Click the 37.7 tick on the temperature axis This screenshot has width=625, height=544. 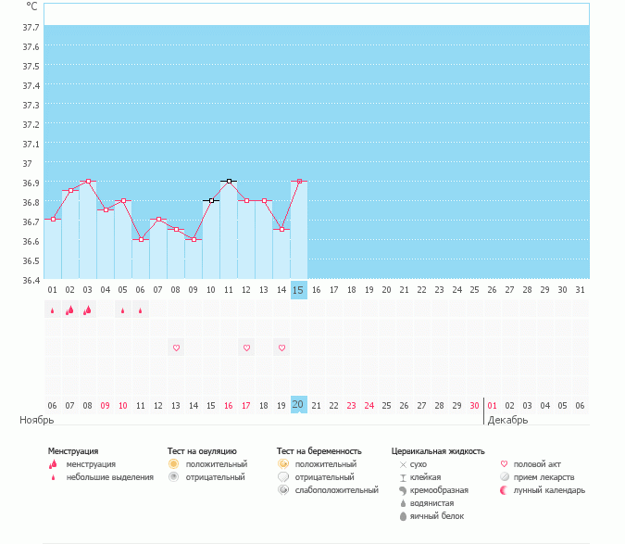(30, 27)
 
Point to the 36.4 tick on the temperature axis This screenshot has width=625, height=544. (30, 280)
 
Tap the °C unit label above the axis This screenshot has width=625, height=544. (31, 6)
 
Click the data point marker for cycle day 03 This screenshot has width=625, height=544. (88, 182)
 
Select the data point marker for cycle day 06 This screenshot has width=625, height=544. (141, 239)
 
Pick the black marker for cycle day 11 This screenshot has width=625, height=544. (228, 182)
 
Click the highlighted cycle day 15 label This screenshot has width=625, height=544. (298, 290)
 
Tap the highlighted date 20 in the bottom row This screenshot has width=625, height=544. (298, 405)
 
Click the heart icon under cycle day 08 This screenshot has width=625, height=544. (176, 348)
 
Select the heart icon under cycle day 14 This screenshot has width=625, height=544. (281, 348)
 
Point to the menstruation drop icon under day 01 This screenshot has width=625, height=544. (53, 310)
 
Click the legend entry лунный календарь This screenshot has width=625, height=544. (549, 490)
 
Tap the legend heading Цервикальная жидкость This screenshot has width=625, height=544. (438, 450)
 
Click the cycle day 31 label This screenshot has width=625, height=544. (580, 290)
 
